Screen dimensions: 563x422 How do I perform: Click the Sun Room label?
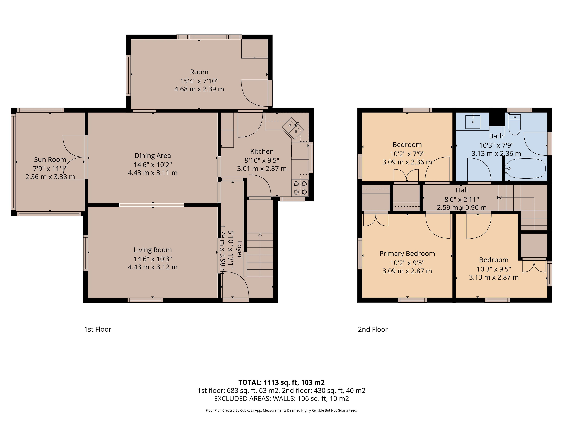50,159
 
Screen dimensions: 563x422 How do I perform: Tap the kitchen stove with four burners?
300,188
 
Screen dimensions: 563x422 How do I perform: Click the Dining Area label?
153,155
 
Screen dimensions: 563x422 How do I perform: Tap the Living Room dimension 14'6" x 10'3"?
153,259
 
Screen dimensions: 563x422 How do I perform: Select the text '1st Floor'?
98,329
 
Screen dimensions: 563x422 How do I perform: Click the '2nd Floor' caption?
373,329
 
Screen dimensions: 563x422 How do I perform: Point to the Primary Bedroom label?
407,254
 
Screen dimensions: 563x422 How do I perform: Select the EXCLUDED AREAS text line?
281,399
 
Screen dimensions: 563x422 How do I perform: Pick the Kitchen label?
262,151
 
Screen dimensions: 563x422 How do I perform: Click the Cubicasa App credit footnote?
281,410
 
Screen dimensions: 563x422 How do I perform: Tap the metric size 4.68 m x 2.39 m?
199,89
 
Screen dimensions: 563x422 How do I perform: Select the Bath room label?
496,136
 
